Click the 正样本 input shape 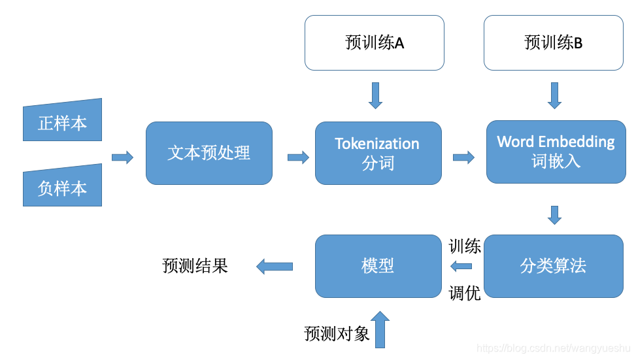(x=62, y=122)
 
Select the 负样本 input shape (x=62, y=187)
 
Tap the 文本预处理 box (x=209, y=153)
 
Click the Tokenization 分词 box (x=378, y=153)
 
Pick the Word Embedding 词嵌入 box (x=556, y=152)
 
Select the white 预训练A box (x=374, y=43)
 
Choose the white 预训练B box (x=553, y=43)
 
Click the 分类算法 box (x=553, y=266)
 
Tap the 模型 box (x=378, y=266)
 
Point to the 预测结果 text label (x=195, y=266)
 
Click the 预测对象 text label (x=337, y=334)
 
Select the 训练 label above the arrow (x=465, y=247)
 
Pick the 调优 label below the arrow (x=465, y=293)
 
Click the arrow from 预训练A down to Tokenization (x=375, y=95)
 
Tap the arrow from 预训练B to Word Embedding (x=554, y=95)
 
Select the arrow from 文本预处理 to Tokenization (x=298, y=157)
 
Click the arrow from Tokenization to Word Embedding (x=463, y=157)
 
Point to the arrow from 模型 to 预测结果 (x=275, y=266)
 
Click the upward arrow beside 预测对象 (x=380, y=329)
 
